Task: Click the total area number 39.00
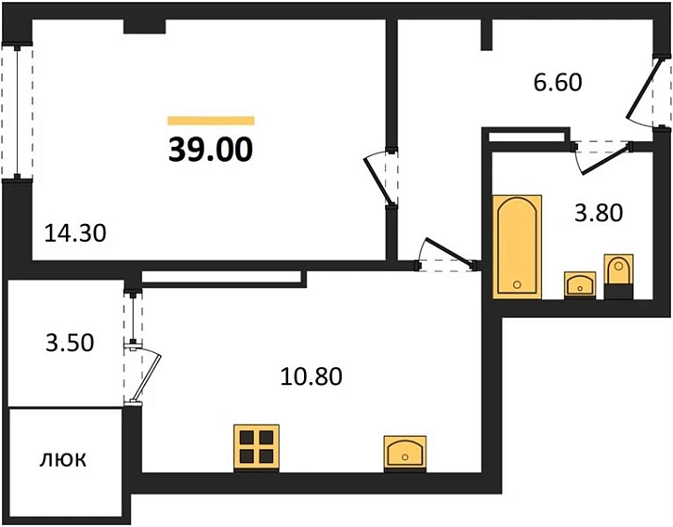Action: click(x=211, y=150)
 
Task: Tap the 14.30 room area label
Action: click(x=75, y=233)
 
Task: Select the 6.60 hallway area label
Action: click(x=558, y=83)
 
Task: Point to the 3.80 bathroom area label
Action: click(x=599, y=213)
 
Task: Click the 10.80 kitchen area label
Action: click(x=312, y=376)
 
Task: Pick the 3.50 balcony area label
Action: click(x=70, y=343)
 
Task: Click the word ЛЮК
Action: click(x=63, y=459)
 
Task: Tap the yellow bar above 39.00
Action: click(x=211, y=120)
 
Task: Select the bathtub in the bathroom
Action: click(x=517, y=247)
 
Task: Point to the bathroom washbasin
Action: click(x=580, y=285)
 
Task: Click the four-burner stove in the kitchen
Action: click(x=257, y=448)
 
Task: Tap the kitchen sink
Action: click(x=405, y=454)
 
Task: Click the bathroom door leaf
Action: click(x=605, y=160)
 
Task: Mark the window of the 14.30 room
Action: click(x=17, y=113)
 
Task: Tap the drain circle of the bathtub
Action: click(x=517, y=284)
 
